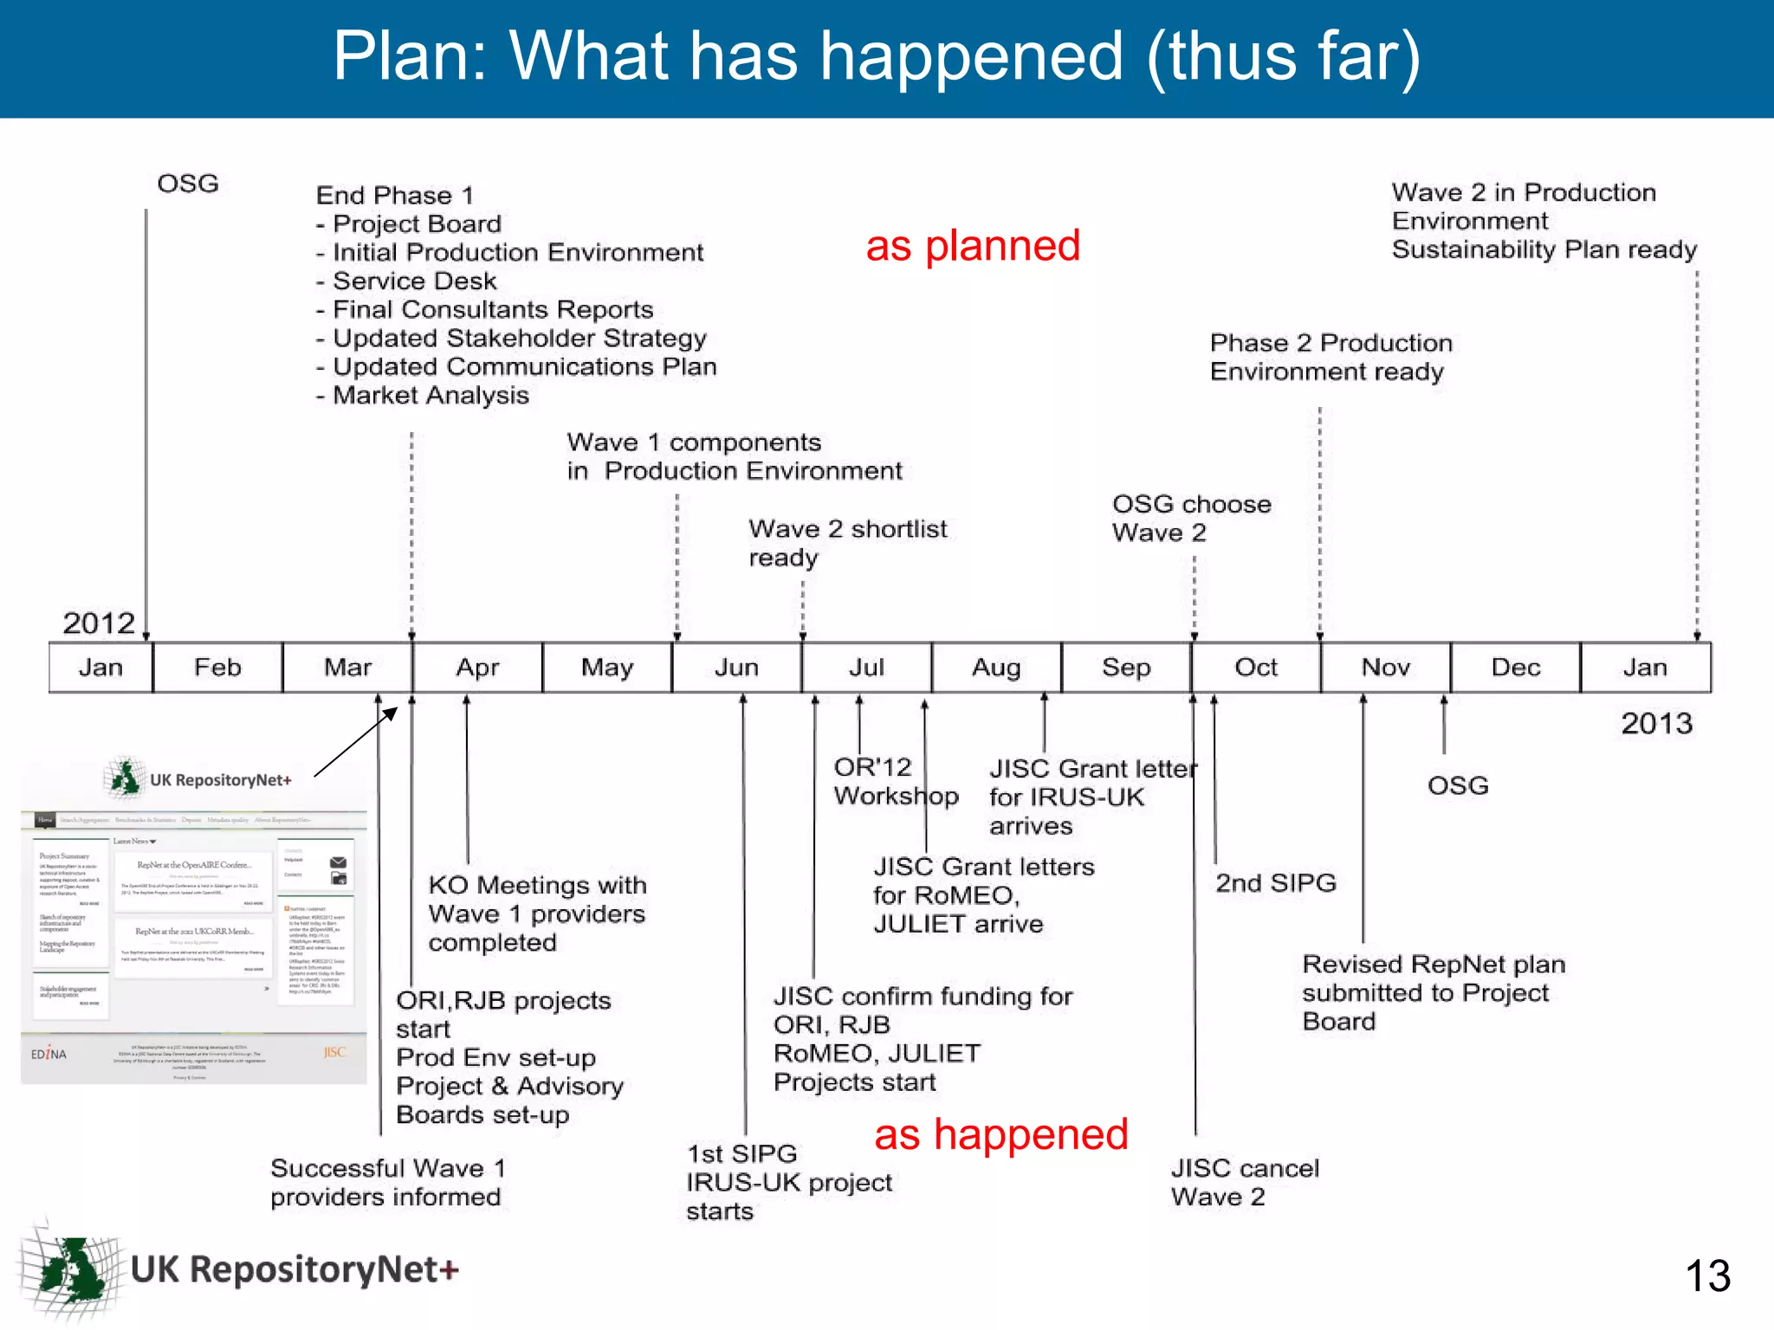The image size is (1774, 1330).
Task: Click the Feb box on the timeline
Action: pyautogui.click(x=217, y=668)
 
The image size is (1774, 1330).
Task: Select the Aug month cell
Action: pyautogui.click(x=996, y=668)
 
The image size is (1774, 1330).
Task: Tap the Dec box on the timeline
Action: pyautogui.click(x=1515, y=668)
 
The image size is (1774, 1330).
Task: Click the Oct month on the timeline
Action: pyautogui.click(x=1256, y=668)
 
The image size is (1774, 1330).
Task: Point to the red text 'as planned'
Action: pyautogui.click(x=973, y=246)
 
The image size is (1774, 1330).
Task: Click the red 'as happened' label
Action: pyautogui.click(x=1000, y=1134)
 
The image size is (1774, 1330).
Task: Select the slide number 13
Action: pyautogui.click(x=1707, y=1275)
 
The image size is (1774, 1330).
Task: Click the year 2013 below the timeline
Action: pyautogui.click(x=1656, y=723)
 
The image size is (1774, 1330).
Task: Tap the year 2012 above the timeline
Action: pyautogui.click(x=99, y=623)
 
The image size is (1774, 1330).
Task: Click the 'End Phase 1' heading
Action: pyautogui.click(x=394, y=196)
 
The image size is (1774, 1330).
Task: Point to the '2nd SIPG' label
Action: pyautogui.click(x=1275, y=883)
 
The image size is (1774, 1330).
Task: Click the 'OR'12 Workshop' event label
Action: pyautogui.click(x=896, y=781)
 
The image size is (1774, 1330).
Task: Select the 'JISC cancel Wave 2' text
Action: pyautogui.click(x=1244, y=1182)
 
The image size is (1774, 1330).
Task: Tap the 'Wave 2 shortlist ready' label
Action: pyautogui.click(x=847, y=543)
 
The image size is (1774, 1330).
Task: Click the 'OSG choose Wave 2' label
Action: pyautogui.click(x=1191, y=518)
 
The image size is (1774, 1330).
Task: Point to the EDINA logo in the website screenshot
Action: pyautogui.click(x=49, y=1054)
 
